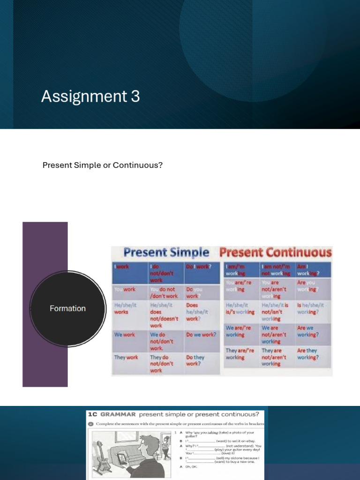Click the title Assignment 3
pos(90,97)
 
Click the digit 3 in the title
pos(135,97)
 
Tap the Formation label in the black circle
pos(67,308)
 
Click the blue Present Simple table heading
pos(166,253)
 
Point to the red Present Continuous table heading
pos(276,253)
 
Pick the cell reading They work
pos(126,358)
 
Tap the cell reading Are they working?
pos(307,354)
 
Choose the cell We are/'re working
pos(240,331)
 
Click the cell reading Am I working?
pos(307,270)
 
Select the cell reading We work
pos(125,335)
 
